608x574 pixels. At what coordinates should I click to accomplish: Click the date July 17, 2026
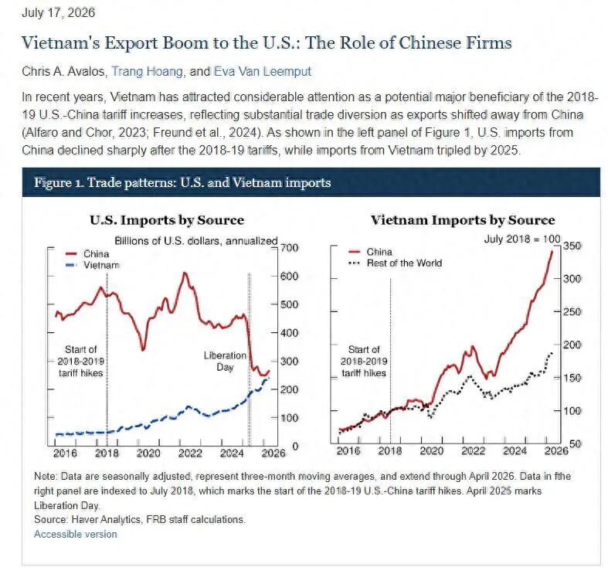tap(58, 12)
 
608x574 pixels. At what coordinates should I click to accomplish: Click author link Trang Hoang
tap(148, 71)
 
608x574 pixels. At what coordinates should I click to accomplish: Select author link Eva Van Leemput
tap(263, 71)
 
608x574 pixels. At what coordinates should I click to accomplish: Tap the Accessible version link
tap(75, 534)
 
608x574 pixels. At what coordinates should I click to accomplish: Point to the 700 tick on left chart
tap(290, 247)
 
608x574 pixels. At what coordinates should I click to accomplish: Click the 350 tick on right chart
tap(572, 246)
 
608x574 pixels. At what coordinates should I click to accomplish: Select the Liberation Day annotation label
tap(225, 361)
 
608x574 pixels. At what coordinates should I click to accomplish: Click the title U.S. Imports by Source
tap(167, 220)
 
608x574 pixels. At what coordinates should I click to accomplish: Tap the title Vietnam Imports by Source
tap(463, 220)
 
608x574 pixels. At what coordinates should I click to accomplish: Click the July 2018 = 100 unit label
tap(522, 239)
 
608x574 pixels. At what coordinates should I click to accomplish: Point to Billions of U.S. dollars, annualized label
tap(196, 241)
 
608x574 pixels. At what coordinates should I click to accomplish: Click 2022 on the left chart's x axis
tap(190, 453)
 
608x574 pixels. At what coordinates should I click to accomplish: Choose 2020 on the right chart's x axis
tap(432, 450)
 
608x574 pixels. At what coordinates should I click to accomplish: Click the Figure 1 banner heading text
tap(182, 182)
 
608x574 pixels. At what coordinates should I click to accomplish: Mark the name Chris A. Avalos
tap(64, 71)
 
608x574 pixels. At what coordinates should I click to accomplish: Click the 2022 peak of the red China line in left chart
tap(185, 273)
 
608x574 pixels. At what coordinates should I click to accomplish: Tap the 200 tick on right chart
tap(572, 345)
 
